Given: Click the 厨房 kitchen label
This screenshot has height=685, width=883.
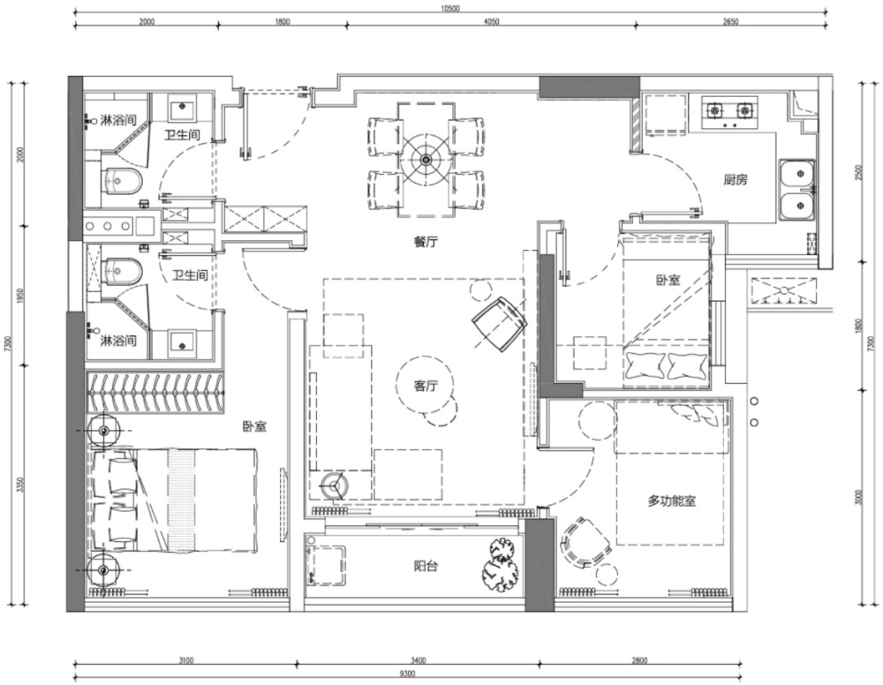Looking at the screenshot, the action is point(736,180).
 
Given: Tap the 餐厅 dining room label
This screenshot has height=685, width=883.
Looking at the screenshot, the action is point(426,242).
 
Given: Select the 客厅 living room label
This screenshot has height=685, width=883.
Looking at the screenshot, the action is point(426,386).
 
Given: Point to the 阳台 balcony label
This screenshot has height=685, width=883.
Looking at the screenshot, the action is point(426,566).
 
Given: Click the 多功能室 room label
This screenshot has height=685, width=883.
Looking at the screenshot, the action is point(672,501).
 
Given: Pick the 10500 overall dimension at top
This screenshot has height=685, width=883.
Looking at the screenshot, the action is point(450,9).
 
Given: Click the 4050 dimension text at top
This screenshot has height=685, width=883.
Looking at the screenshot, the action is point(492,22).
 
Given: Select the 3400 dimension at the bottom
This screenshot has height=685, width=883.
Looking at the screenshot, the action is point(419,660).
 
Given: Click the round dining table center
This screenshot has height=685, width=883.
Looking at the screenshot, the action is point(426,159).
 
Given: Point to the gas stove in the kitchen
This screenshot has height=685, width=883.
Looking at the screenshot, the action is point(729,113).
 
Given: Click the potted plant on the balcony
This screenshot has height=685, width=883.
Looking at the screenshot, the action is point(500,565).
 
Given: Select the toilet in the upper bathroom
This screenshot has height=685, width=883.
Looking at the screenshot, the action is point(123,180).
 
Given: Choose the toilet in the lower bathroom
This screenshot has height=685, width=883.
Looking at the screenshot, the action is point(123,270).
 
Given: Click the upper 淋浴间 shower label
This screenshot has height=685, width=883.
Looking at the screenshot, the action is point(118,120).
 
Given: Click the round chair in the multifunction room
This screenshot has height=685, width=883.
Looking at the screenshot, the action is point(585,545).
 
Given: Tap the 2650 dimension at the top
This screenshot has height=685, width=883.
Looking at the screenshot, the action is point(730,22).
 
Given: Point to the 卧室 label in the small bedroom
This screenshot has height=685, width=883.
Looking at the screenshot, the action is point(668,280).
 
